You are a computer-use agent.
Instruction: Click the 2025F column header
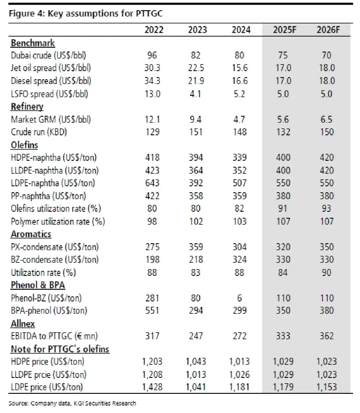pos(284,30)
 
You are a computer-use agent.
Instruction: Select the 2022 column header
pos(154,30)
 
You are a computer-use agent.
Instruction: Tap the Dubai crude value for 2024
pos(239,55)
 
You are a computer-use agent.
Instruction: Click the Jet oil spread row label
pos(51,68)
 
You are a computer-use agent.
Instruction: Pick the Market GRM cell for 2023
pos(196,119)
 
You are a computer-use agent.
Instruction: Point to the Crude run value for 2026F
pos(326,132)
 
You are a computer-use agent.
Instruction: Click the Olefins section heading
pos(24,145)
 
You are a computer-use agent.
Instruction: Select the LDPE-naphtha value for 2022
pos(152,183)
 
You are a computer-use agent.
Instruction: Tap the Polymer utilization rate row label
pos(58,221)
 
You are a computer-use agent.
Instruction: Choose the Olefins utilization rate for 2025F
pos(283,208)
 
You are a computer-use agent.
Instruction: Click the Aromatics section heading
pos(31,234)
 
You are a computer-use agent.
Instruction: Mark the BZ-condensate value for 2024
pos(239,259)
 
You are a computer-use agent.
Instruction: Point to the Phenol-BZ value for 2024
pos(239,298)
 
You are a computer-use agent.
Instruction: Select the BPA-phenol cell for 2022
pos(152,310)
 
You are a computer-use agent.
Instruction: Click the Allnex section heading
pos(23,324)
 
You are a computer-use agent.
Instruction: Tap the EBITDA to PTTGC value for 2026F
pos(326,336)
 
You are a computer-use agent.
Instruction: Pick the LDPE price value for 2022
pos(152,387)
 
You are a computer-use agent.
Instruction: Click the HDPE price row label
pos(47,362)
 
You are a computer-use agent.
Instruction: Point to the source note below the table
pos(72,403)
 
